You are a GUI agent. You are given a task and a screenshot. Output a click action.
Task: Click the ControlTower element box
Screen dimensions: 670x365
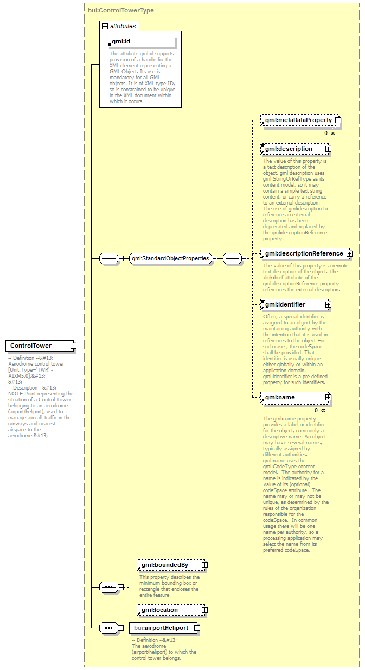tap(37, 346)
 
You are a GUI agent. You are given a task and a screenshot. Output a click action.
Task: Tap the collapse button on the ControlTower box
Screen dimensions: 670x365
tap(73, 346)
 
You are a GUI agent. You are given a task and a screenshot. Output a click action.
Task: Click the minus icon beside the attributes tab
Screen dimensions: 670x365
tap(105, 25)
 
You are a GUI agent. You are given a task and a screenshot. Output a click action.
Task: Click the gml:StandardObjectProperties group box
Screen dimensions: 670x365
tap(170, 258)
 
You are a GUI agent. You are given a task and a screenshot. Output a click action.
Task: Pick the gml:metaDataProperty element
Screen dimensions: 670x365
tap(298, 120)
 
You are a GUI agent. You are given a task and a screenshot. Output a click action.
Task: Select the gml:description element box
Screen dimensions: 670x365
tap(293, 149)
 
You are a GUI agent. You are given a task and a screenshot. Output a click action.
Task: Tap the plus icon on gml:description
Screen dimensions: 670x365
tap(328, 149)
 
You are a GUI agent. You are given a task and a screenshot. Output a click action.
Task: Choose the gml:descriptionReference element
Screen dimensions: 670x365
tap(303, 253)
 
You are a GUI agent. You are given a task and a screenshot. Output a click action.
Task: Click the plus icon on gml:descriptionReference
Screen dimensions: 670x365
tap(349, 253)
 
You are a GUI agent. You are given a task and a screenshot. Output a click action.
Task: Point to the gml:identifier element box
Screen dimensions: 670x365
tap(293, 305)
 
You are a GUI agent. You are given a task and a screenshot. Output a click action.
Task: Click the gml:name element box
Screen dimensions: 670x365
tap(293, 398)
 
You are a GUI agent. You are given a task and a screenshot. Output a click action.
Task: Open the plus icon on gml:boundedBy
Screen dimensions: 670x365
tap(204, 565)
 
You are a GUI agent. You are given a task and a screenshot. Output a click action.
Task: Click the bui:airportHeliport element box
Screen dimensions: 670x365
tap(161, 628)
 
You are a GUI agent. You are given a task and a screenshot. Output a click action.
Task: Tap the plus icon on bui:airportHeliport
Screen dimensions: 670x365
tap(197, 628)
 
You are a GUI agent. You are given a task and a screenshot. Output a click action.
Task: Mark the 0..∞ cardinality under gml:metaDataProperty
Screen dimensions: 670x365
tap(330, 133)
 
